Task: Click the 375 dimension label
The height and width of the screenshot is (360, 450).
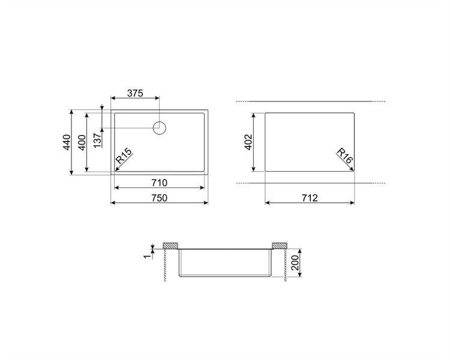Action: (135, 93)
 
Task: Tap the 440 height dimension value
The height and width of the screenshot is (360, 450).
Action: (66, 142)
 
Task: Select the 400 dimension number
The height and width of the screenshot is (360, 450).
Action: (82, 142)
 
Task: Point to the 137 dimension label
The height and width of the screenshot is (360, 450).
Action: (98, 140)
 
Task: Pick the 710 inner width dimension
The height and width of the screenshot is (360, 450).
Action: (159, 182)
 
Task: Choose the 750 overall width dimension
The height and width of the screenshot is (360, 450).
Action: (159, 198)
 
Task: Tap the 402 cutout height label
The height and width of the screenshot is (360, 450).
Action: (248, 142)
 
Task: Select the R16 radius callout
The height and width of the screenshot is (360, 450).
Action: (344, 156)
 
